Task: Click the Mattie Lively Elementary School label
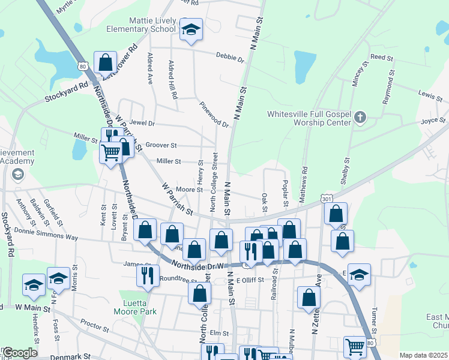(x=140, y=23)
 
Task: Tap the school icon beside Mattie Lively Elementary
(x=191, y=30)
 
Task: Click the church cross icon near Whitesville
(x=360, y=118)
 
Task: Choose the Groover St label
(x=161, y=145)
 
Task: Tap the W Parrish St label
(x=177, y=200)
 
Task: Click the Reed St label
(x=381, y=58)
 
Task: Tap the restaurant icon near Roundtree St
(x=147, y=275)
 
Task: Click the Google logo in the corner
(x=20, y=353)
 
